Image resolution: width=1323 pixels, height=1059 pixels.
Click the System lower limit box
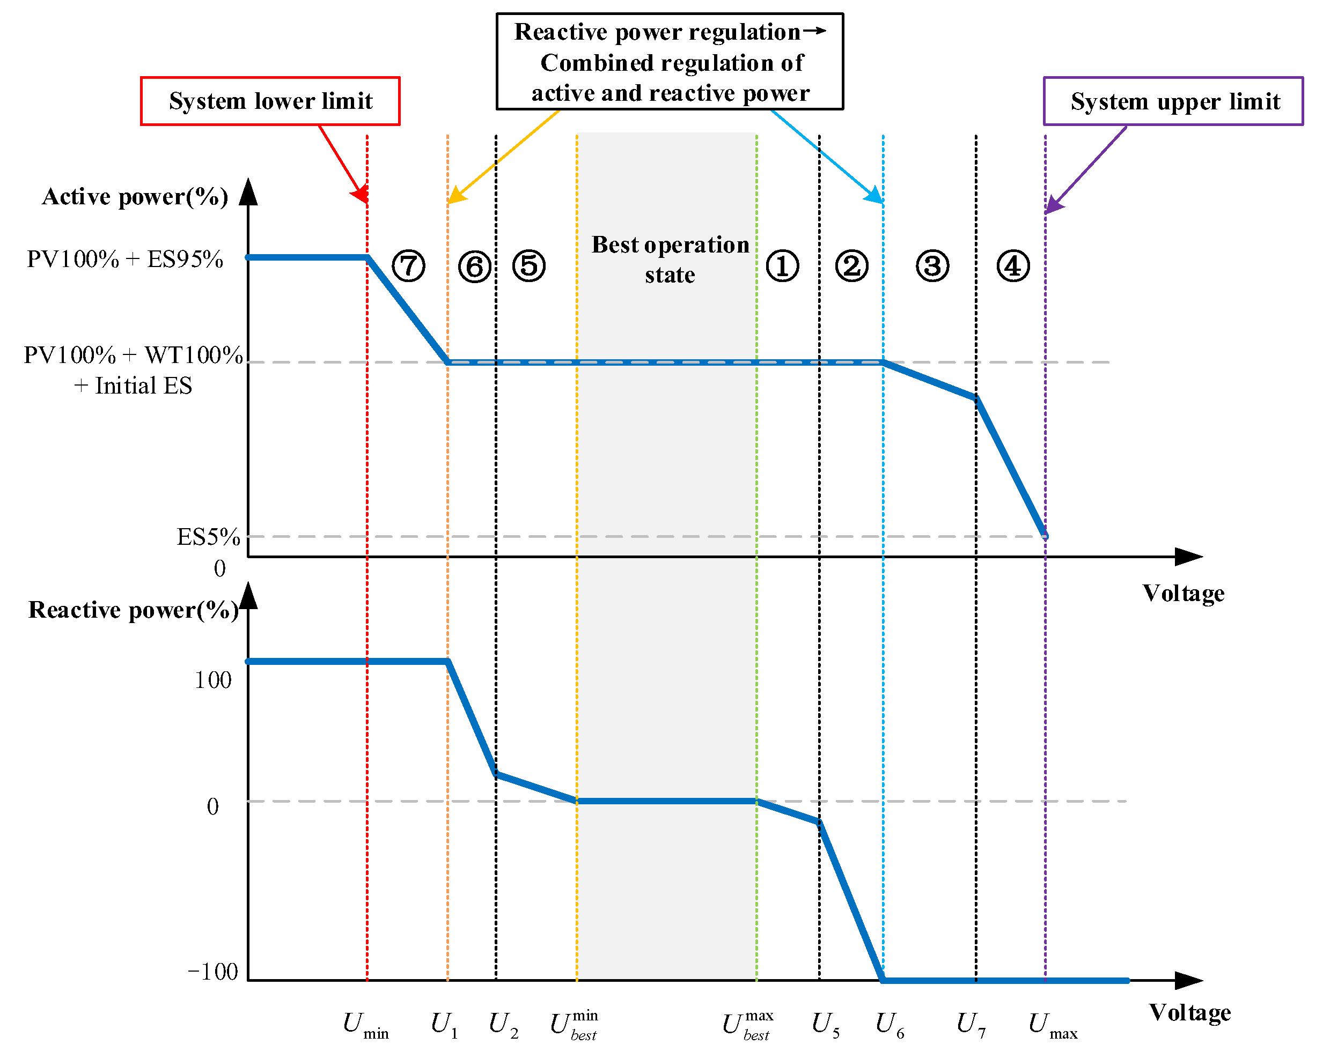pyautogui.click(x=270, y=101)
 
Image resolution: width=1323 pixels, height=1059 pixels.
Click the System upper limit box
pyautogui.click(x=1173, y=101)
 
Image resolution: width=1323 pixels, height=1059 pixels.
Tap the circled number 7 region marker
pyautogui.click(x=408, y=266)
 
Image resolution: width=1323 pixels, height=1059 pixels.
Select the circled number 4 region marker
pyautogui.click(x=1012, y=266)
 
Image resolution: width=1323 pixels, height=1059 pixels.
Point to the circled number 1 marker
pyautogui.click(x=782, y=266)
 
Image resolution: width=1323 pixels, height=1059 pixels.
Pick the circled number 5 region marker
pyautogui.click(x=528, y=266)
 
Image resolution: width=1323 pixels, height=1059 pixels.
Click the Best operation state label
pyautogui.click(x=670, y=260)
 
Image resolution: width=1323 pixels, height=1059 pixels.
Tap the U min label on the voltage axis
pyautogui.click(x=365, y=1025)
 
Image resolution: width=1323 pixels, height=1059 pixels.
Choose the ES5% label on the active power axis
pyautogui.click(x=208, y=537)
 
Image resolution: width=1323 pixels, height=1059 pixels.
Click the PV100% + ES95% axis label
pyautogui.click(x=124, y=260)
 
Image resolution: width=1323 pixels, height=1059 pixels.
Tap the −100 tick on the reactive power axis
pyautogui.click(x=212, y=972)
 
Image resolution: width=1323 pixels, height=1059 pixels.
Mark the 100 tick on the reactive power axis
pyautogui.click(x=213, y=680)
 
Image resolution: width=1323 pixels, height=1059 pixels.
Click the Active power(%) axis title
pyautogui.click(x=135, y=197)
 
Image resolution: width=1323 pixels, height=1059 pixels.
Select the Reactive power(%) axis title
pyautogui.click(x=133, y=610)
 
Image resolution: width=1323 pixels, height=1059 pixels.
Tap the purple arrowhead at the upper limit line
pyautogui.click(x=1053, y=205)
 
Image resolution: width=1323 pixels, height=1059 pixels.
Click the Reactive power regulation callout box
pyautogui.click(x=670, y=62)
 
